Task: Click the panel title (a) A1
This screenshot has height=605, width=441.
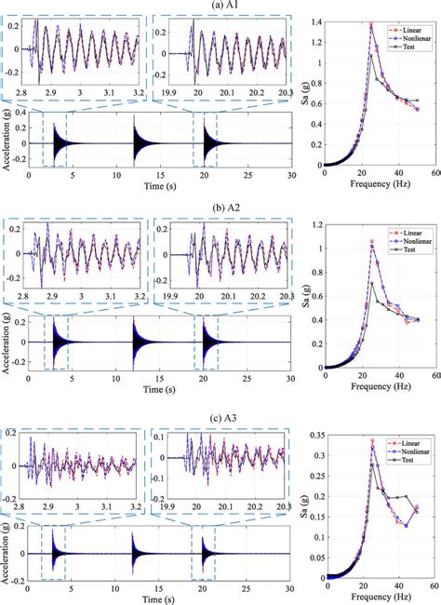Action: pos(220,6)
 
